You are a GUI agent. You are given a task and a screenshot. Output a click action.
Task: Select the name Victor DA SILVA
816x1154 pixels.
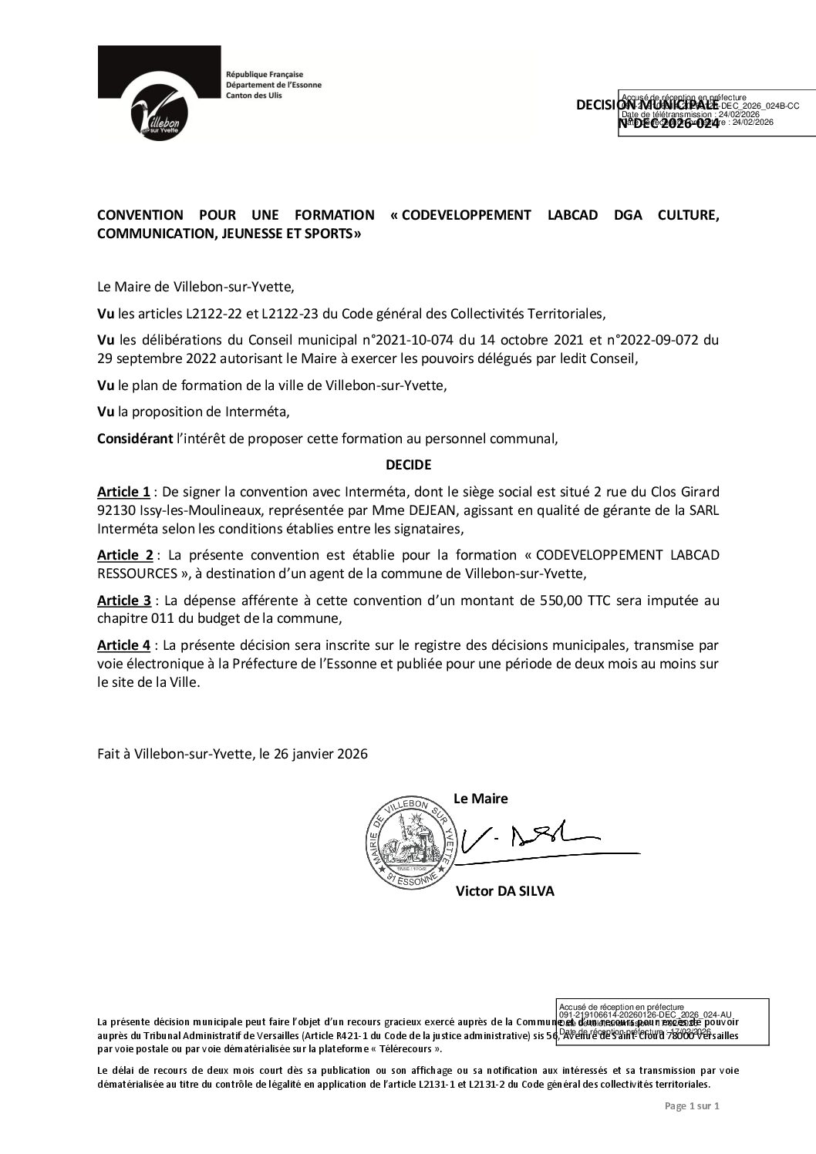coord(504,891)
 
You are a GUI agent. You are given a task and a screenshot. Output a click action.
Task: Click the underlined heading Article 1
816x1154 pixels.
coord(123,492)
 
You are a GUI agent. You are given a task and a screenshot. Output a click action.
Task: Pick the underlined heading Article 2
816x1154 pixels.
coord(124,555)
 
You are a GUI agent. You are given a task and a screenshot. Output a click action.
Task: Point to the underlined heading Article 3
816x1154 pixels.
coord(124,601)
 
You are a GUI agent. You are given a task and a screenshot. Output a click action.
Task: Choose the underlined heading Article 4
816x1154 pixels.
coord(124,644)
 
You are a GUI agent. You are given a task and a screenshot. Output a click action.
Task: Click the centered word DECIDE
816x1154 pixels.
coord(408,465)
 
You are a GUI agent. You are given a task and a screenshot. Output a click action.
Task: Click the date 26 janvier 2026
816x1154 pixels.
coord(318,754)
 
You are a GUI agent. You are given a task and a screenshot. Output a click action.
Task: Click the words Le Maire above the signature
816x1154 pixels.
coord(480,799)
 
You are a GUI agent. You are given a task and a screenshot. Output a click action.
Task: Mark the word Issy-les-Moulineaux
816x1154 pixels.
coord(200,510)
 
